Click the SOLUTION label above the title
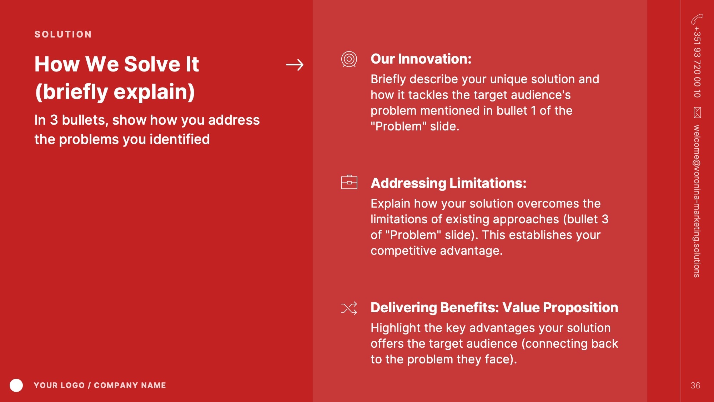pos(63,34)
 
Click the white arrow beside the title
pos(295,65)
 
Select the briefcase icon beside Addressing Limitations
pos(349,182)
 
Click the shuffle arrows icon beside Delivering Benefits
pos(349,308)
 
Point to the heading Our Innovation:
pos(421,59)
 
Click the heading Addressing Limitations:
pos(448,183)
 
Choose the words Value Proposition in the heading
pos(560,308)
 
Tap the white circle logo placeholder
pos(16,385)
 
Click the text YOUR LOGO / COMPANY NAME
pos(100,385)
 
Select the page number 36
pos(695,386)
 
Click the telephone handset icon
pos(697,19)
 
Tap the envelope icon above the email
pos(697,113)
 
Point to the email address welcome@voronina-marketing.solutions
pos(697,201)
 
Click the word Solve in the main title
pos(152,64)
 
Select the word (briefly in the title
pos(71,92)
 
